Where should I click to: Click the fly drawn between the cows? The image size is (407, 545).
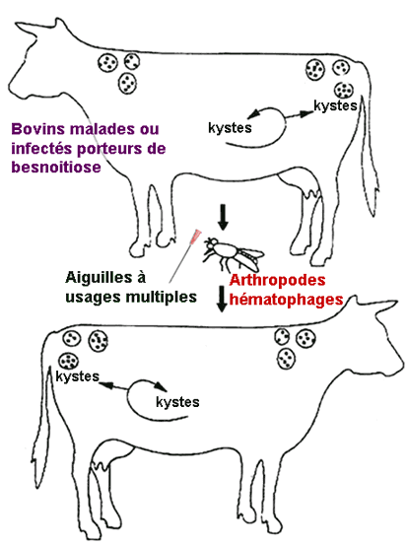(233, 254)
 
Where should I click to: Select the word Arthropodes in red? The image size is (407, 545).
(277, 280)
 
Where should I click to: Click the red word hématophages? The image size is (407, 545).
(287, 299)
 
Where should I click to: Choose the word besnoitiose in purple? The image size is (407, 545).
(56, 167)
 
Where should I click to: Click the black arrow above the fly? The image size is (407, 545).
(223, 217)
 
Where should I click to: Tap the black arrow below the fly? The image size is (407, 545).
(222, 299)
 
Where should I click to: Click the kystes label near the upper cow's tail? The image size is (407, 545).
(335, 105)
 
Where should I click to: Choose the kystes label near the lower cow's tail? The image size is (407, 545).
(78, 376)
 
